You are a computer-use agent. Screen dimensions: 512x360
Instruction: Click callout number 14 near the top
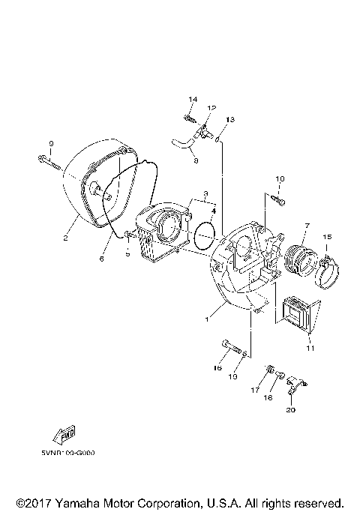click(x=192, y=100)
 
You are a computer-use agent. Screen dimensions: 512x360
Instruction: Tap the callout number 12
click(x=211, y=109)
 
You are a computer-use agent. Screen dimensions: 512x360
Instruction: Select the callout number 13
click(x=230, y=120)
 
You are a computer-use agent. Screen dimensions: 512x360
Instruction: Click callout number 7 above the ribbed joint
click(x=305, y=225)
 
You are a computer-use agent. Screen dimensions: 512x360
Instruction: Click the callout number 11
click(x=310, y=349)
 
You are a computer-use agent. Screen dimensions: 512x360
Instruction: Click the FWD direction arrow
click(x=58, y=435)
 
